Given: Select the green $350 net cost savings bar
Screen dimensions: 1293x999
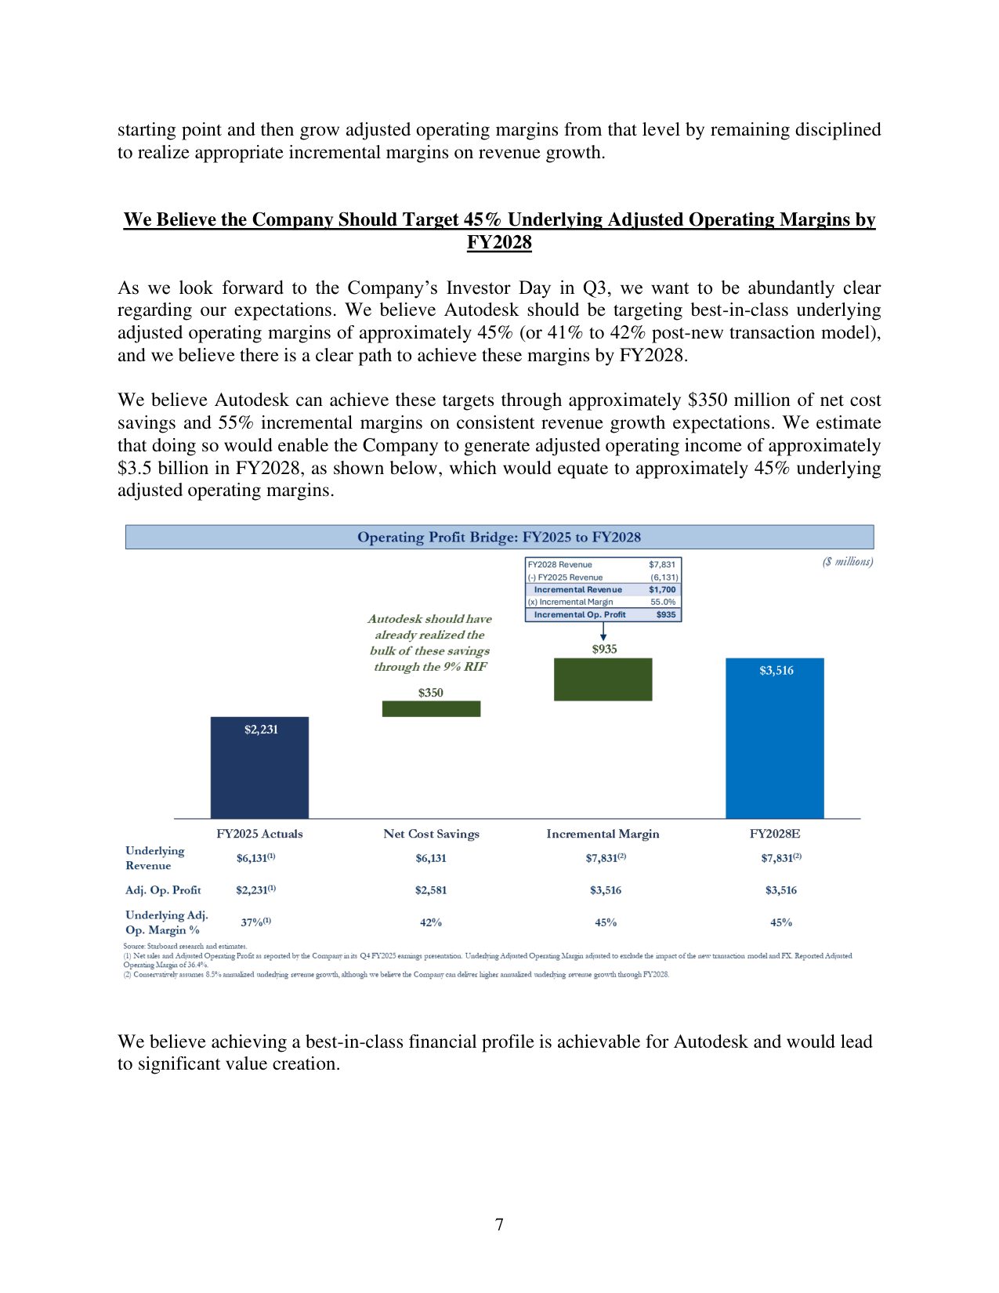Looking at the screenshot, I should (x=431, y=708).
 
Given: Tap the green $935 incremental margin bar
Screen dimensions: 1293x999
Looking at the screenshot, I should (x=603, y=679).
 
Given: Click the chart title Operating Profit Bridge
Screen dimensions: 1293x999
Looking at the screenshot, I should (x=499, y=537).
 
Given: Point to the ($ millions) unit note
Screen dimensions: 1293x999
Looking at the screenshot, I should (x=848, y=561).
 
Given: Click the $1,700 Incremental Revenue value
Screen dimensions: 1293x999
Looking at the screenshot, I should (x=662, y=589).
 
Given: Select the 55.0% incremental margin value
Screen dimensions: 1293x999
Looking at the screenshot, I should (x=663, y=602).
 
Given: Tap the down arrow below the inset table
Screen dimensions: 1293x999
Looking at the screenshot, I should (x=603, y=631).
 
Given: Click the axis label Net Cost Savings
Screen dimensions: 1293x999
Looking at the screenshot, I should (x=431, y=834).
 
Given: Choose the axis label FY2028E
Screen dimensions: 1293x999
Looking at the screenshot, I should (x=775, y=834).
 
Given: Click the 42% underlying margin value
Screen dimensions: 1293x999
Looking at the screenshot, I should (x=431, y=922).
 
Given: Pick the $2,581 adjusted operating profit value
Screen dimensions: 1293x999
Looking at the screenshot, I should (x=431, y=890).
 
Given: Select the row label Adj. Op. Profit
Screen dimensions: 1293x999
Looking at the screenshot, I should (x=163, y=890).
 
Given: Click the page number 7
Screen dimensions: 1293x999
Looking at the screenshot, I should (x=499, y=1225).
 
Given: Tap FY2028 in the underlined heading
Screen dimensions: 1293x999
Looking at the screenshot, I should (x=499, y=243).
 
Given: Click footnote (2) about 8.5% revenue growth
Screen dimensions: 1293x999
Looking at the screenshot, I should (x=396, y=975).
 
